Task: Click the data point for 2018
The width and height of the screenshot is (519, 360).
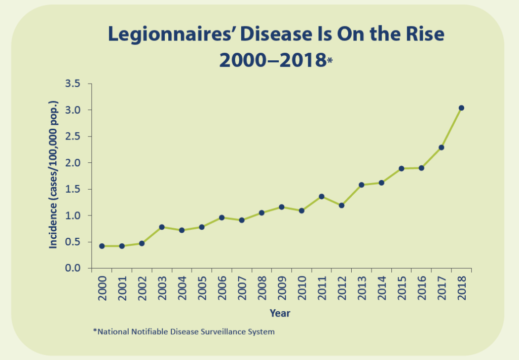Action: (x=461, y=108)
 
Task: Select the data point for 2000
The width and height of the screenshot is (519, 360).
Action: (x=102, y=246)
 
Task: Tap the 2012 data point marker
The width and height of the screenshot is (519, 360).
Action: (x=342, y=205)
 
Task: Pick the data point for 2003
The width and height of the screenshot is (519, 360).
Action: (x=162, y=227)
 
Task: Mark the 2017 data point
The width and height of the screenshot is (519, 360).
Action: (x=441, y=148)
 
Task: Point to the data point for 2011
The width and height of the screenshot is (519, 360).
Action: (x=321, y=196)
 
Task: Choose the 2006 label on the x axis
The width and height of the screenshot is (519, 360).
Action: (x=222, y=289)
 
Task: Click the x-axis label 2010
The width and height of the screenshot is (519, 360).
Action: (x=302, y=289)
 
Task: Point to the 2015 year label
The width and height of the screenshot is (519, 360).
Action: (x=402, y=289)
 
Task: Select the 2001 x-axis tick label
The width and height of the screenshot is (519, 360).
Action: (x=122, y=289)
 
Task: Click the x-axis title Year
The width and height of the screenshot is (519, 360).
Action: (x=280, y=313)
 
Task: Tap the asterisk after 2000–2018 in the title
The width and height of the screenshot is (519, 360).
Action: (x=330, y=61)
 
